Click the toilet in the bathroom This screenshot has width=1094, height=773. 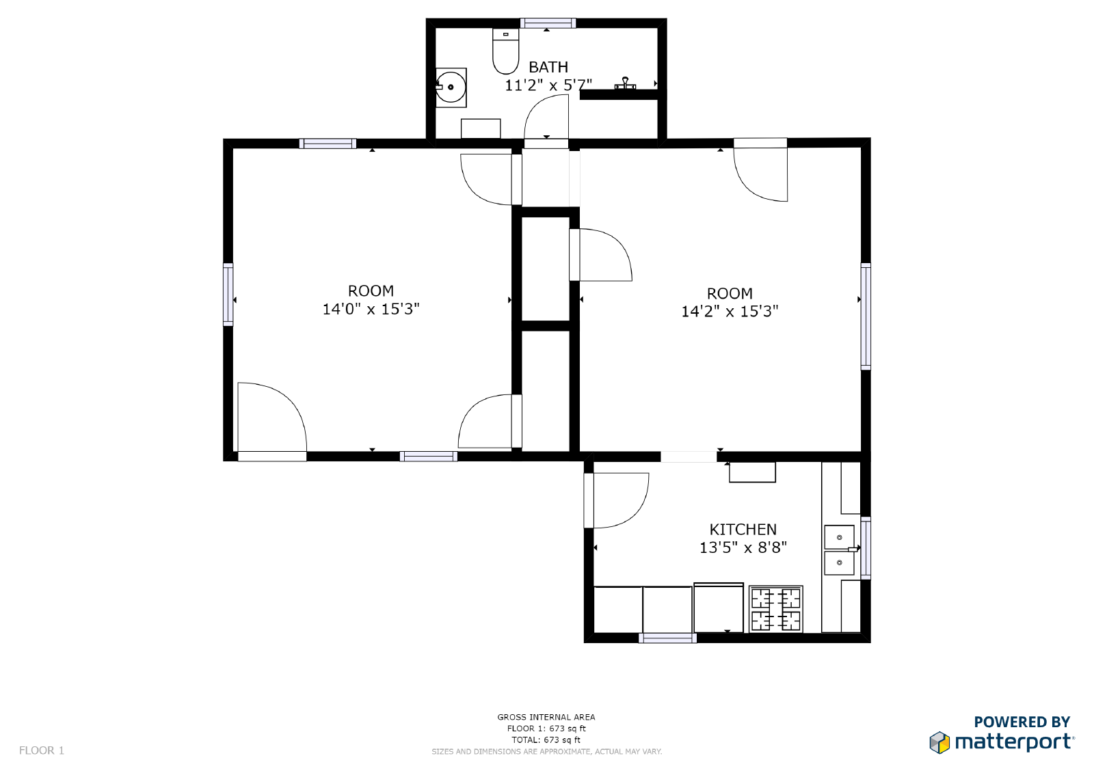(505, 52)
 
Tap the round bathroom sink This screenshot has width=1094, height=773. (451, 87)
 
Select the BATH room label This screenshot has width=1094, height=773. (548, 67)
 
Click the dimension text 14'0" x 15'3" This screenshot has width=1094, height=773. (371, 309)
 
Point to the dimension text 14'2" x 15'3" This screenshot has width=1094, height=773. (730, 312)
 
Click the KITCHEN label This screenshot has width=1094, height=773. (743, 530)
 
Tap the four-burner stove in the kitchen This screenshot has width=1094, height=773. (775, 609)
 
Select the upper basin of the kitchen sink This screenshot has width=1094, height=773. (839, 537)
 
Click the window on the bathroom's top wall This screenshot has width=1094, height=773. (548, 23)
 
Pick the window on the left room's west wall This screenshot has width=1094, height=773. (228, 294)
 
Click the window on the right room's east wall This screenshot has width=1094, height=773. (866, 316)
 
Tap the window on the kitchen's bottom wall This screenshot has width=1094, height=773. (667, 638)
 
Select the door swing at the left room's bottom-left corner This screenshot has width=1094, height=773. (270, 417)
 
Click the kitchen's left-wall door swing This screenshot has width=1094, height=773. (617, 500)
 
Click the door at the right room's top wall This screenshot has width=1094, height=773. (761, 171)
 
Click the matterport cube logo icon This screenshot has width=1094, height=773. (939, 742)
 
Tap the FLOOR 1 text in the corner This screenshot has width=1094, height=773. (42, 750)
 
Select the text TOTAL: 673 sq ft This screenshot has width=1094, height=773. (546, 740)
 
